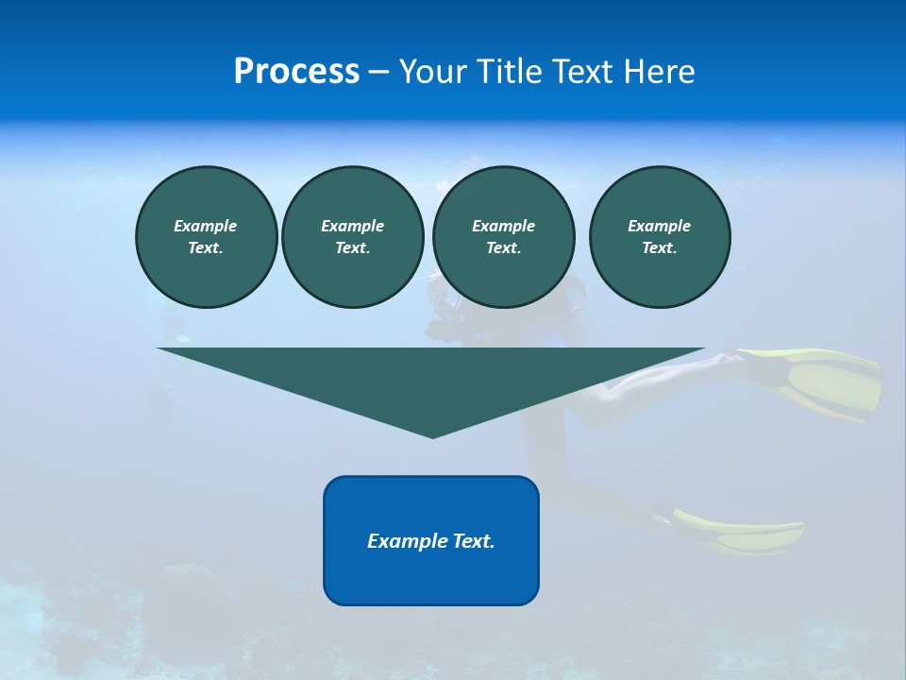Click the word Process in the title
[296, 72]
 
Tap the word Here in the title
[659, 72]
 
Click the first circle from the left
[206, 237]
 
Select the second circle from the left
[352, 237]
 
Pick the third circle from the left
[503, 237]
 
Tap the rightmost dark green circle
[660, 237]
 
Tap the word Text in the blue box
[473, 541]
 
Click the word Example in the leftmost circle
[206, 226]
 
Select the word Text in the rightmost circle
[659, 248]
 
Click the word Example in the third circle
[503, 226]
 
